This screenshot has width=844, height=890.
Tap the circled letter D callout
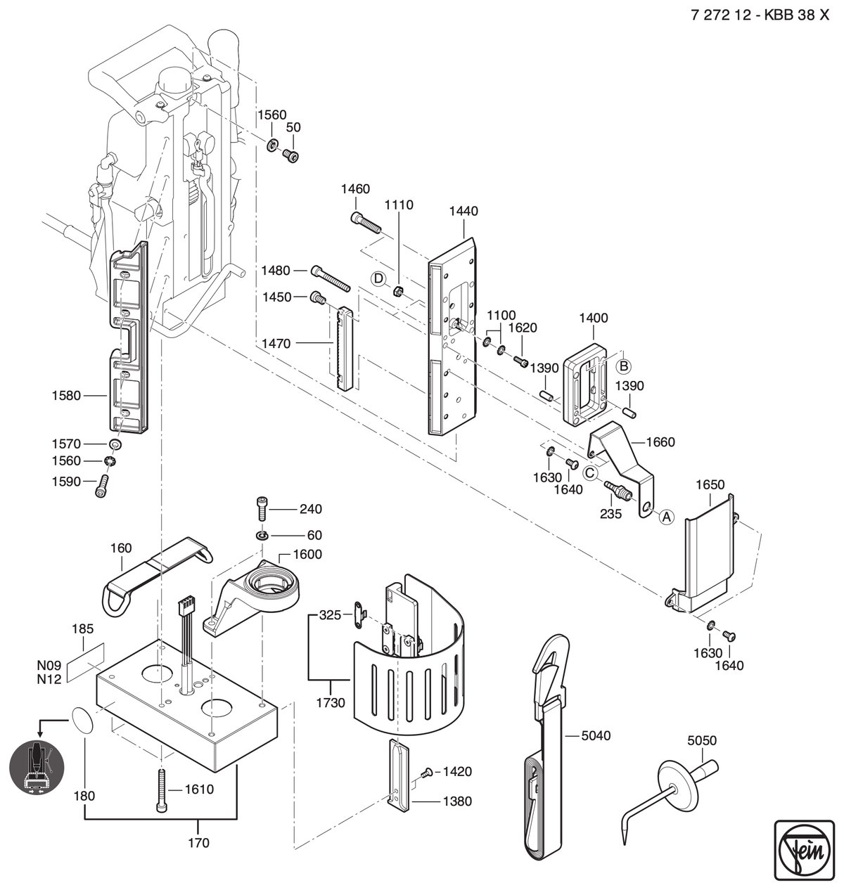click(378, 279)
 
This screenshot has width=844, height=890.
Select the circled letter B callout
click(624, 366)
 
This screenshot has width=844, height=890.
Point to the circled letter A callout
click(667, 517)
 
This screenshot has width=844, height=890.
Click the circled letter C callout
click(590, 473)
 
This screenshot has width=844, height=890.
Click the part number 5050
click(702, 740)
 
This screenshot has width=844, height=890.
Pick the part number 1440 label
click(463, 211)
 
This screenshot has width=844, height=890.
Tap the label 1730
click(331, 702)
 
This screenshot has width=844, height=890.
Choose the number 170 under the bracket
click(199, 843)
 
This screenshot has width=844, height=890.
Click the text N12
click(49, 680)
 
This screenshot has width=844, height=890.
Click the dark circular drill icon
click(37, 767)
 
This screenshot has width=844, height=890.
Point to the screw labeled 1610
click(162, 791)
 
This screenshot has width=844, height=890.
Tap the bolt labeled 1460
click(366, 223)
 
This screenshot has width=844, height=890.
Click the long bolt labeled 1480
click(331, 278)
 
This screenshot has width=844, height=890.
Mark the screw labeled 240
click(262, 508)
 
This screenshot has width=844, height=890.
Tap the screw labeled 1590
click(103, 486)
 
